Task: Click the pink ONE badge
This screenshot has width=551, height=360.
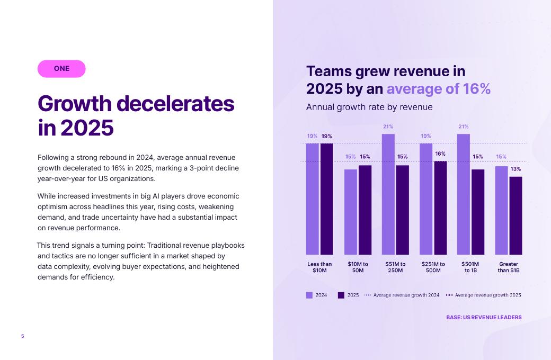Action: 61,69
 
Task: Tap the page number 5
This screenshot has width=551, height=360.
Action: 23,336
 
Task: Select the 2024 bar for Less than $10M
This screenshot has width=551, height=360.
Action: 313,199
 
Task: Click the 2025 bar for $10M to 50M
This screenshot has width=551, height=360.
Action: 365,210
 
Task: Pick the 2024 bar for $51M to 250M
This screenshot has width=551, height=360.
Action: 388,194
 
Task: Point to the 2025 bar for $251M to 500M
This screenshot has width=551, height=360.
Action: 440,208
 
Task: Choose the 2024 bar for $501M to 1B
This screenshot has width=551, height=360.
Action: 464,194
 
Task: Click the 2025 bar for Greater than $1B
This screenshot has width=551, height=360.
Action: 516,215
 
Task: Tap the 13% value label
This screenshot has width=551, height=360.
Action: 516,169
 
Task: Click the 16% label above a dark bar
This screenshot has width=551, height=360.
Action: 440,154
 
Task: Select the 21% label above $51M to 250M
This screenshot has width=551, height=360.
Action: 388,127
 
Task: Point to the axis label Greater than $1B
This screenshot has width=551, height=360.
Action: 508,267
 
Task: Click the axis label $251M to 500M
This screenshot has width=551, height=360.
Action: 433,267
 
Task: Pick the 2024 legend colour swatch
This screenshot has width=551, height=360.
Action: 309,295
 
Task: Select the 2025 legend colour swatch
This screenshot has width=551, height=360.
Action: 341,295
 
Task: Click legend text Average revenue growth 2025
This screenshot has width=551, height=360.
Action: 488,295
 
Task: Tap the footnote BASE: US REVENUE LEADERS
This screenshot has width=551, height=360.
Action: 484,318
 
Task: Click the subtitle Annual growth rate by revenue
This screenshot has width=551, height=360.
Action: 369,107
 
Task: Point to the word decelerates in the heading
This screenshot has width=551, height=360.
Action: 175,103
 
